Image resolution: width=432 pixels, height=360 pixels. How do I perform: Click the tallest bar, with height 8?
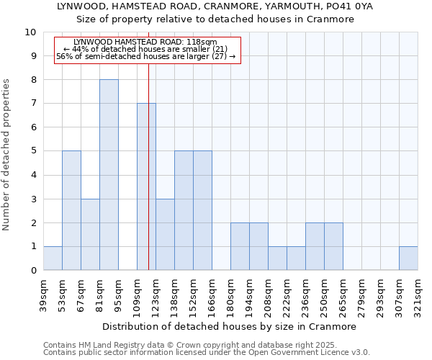click(x=109, y=175)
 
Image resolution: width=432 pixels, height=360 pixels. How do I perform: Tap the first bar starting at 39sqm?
click(x=53, y=258)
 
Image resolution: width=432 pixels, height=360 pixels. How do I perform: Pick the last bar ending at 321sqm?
click(x=408, y=258)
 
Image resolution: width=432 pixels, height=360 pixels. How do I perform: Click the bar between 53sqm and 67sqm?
click(x=71, y=210)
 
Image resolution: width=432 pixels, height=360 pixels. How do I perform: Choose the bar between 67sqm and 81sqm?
click(x=90, y=235)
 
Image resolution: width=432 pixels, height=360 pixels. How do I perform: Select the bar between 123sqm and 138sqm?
click(x=165, y=235)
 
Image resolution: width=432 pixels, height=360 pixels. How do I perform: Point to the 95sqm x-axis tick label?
click(x=119, y=293)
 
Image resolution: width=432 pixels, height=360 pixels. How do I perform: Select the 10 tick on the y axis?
click(x=30, y=32)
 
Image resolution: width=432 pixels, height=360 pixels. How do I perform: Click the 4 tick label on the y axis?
click(x=33, y=175)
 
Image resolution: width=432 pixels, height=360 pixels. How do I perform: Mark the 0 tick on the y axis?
click(x=33, y=271)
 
